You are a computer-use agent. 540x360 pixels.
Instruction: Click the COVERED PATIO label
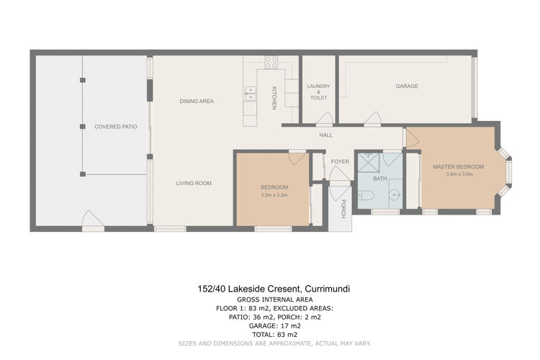coord(116,127)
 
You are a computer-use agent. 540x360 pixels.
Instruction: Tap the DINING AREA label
coord(197,102)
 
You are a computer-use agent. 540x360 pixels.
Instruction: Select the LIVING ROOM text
coord(194,184)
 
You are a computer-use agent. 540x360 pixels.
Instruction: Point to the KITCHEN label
coord(274,98)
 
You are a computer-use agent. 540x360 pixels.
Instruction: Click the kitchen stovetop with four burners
coord(271,62)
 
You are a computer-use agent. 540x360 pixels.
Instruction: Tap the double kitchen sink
coord(251,94)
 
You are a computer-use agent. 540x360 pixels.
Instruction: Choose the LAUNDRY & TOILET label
coord(318,92)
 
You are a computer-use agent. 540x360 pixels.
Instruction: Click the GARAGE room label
coord(407,86)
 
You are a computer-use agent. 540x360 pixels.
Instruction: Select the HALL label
coord(325,135)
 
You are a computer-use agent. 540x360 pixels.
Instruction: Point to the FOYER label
coord(340,161)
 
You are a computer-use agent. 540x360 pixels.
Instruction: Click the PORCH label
coord(343,208)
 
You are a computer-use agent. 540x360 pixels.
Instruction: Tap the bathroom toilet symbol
coord(366,196)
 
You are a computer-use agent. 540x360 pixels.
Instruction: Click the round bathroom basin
coord(395,195)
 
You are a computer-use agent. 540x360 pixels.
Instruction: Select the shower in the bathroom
coord(368,163)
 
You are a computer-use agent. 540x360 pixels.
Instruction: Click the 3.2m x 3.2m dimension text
coord(274,195)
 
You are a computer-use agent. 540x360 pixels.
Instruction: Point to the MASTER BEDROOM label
coord(458,167)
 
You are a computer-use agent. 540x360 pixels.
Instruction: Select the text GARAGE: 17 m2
coord(275,326)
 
